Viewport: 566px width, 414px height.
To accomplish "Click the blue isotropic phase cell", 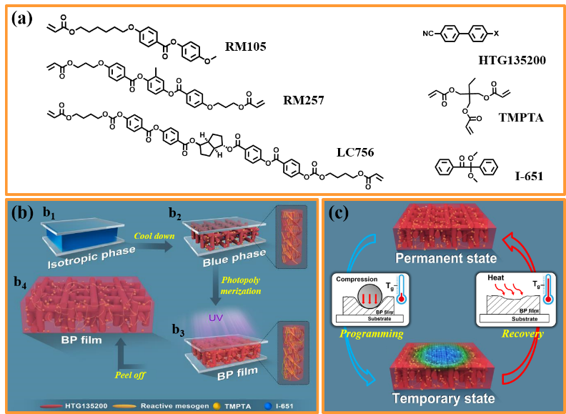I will click(78, 238).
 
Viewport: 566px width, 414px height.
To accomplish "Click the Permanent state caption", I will click(443, 257).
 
